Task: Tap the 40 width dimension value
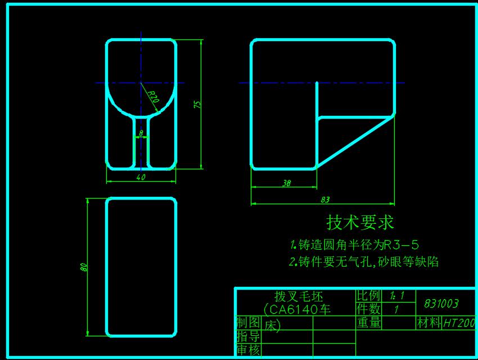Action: click(141, 178)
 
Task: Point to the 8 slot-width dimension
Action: click(141, 133)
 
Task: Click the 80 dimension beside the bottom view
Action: click(84, 268)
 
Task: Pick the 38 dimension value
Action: click(286, 183)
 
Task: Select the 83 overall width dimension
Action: click(325, 199)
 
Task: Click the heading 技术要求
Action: click(360, 223)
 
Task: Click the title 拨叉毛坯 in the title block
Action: click(295, 296)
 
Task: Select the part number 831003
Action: click(441, 304)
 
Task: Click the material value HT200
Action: click(459, 323)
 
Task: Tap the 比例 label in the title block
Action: click(368, 296)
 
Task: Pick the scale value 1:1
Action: click(397, 296)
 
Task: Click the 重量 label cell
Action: click(368, 323)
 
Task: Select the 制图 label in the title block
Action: click(247, 323)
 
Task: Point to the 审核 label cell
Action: click(247, 350)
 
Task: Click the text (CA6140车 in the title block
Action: click(296, 309)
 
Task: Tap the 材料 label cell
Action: click(429, 323)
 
